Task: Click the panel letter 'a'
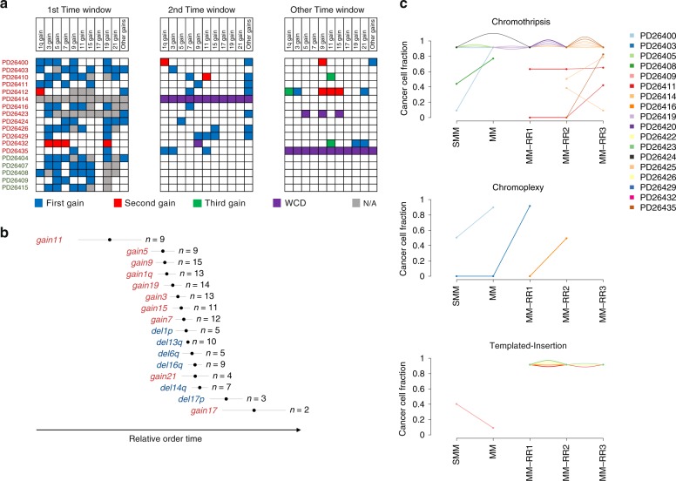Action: coord(5,6)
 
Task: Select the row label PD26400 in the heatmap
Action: coord(17,62)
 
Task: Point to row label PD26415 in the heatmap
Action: coord(17,188)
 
